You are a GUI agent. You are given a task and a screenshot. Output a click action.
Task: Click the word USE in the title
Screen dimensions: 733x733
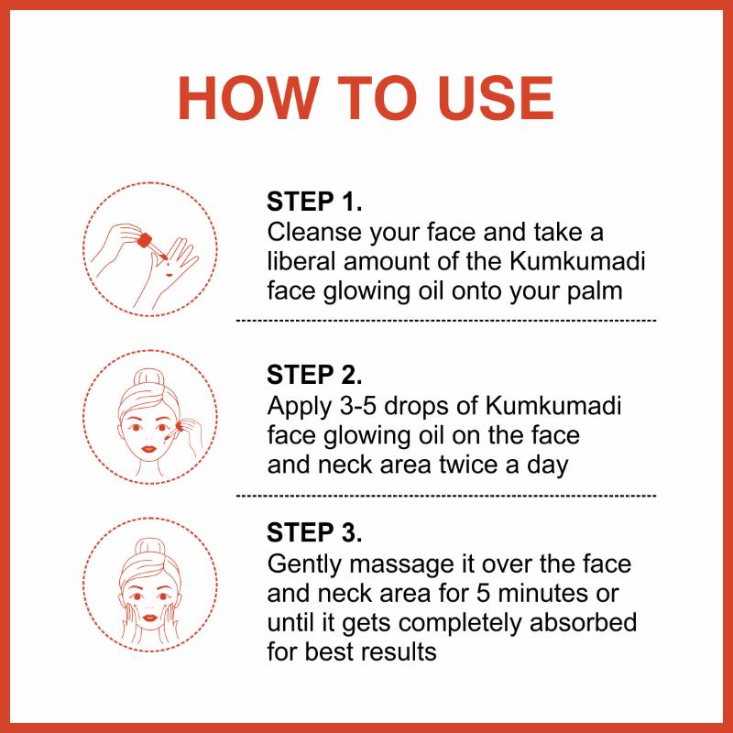coord(496,99)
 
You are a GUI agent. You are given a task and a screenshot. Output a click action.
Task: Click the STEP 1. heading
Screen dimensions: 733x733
coord(314,202)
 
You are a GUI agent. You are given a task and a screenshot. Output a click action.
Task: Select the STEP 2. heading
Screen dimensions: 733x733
coord(314,375)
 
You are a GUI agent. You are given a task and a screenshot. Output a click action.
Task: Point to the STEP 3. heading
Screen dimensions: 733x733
coord(314,532)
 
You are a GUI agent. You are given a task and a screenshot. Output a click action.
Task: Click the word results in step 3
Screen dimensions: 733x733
coord(399,651)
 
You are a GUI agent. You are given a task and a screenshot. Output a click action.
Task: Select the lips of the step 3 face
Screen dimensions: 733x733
coord(149,617)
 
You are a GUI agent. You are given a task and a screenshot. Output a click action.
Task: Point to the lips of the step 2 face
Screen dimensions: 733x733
coord(148,449)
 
